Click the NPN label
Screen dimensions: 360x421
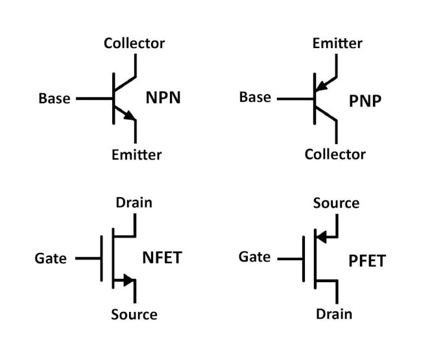[x=163, y=99]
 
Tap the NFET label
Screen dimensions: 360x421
[x=162, y=258]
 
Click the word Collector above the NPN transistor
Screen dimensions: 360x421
[x=134, y=43]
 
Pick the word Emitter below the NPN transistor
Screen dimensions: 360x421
[x=136, y=154]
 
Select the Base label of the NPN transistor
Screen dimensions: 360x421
[x=54, y=99]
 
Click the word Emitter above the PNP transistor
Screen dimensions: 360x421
[x=337, y=43]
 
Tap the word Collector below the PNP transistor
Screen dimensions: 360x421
[x=335, y=154]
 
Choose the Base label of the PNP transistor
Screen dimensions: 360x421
[x=255, y=97]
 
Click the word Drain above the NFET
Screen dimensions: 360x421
[x=134, y=202]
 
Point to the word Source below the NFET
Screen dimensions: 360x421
[x=134, y=315]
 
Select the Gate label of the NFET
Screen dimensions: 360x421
[x=51, y=258]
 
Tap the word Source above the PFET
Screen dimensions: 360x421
[x=336, y=203]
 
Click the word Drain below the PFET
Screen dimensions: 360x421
[x=334, y=314]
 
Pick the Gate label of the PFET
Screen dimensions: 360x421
[x=254, y=257]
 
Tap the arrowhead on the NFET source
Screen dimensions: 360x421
[x=128, y=281]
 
